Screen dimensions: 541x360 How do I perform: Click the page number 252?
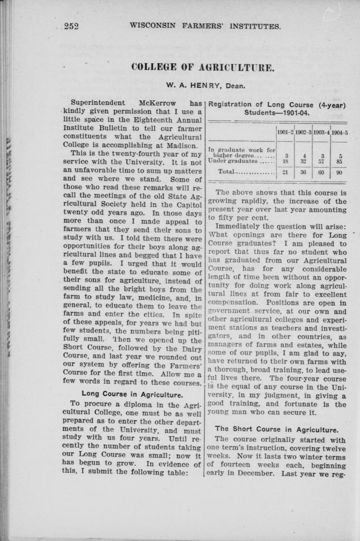(x=72, y=26)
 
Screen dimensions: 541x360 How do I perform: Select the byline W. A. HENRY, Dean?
(x=206, y=85)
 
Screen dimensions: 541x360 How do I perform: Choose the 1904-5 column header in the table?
(x=340, y=132)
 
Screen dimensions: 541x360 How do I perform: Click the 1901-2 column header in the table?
(x=285, y=132)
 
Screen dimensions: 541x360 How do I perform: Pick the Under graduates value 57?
(x=322, y=160)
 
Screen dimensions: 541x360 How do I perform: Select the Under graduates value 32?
(x=303, y=160)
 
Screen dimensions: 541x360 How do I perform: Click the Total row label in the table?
(x=227, y=172)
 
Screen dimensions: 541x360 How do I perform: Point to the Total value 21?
(x=286, y=172)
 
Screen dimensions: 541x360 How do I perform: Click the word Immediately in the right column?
(x=238, y=227)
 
